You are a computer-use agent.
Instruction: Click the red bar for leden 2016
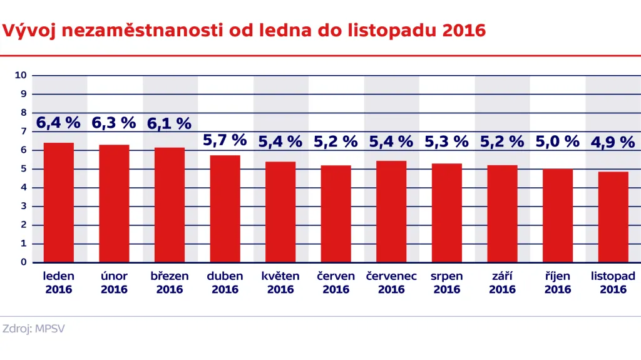59,202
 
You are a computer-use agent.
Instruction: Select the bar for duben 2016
225,208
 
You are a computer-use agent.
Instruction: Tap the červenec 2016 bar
391,212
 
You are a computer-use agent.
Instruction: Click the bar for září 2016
502,213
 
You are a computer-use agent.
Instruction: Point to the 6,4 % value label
58,123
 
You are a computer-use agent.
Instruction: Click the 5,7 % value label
225,140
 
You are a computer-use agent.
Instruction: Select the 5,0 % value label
557,141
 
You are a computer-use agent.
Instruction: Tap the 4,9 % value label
613,142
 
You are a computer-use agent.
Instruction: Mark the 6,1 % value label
169,124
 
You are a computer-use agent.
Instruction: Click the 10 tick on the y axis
21,75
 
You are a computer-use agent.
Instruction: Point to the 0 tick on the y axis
23,262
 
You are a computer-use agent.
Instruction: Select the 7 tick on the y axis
23,131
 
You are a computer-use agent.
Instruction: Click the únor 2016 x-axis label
114,282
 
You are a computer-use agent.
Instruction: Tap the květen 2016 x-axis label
280,282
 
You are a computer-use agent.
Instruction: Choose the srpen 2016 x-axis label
447,282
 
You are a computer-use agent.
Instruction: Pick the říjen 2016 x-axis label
557,282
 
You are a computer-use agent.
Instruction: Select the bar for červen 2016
336,213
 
